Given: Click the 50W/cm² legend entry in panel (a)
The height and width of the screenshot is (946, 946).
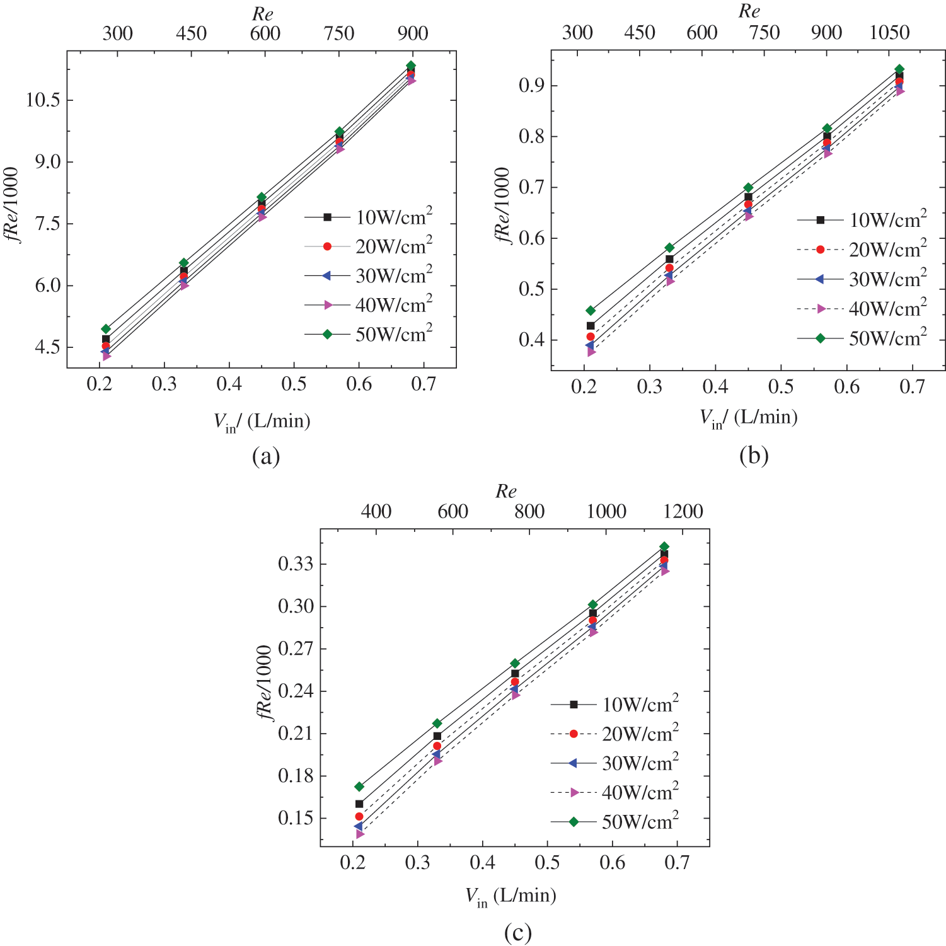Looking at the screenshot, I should [x=369, y=335].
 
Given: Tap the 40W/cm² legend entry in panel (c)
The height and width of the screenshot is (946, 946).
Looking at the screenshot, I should [x=614, y=793].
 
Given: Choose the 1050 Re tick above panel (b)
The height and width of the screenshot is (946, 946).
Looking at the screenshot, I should [x=889, y=33].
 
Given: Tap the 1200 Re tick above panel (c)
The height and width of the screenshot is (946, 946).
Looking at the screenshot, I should [x=683, y=511].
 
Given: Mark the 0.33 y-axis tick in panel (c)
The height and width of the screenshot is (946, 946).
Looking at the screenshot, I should [x=296, y=563].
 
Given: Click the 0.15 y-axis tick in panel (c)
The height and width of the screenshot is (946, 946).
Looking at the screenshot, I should [x=296, y=818].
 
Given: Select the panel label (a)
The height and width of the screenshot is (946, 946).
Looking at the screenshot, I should [x=265, y=456].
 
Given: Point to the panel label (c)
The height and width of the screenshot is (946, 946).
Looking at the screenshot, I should [x=517, y=932].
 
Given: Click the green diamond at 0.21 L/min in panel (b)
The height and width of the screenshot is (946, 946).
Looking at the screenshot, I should [x=591, y=311].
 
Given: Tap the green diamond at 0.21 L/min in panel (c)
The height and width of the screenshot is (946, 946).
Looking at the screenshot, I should [x=359, y=787].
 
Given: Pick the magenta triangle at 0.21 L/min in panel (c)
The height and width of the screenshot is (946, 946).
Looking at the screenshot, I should [x=360, y=834].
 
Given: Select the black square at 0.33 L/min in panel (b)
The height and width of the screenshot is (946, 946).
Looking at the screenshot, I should [x=669, y=259].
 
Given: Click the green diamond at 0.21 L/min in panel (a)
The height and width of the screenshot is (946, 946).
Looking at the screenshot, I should [x=106, y=329].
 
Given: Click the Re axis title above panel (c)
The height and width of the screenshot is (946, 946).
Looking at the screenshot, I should [x=505, y=492].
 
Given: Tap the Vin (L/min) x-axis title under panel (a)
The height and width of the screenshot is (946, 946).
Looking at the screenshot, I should [x=262, y=422].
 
